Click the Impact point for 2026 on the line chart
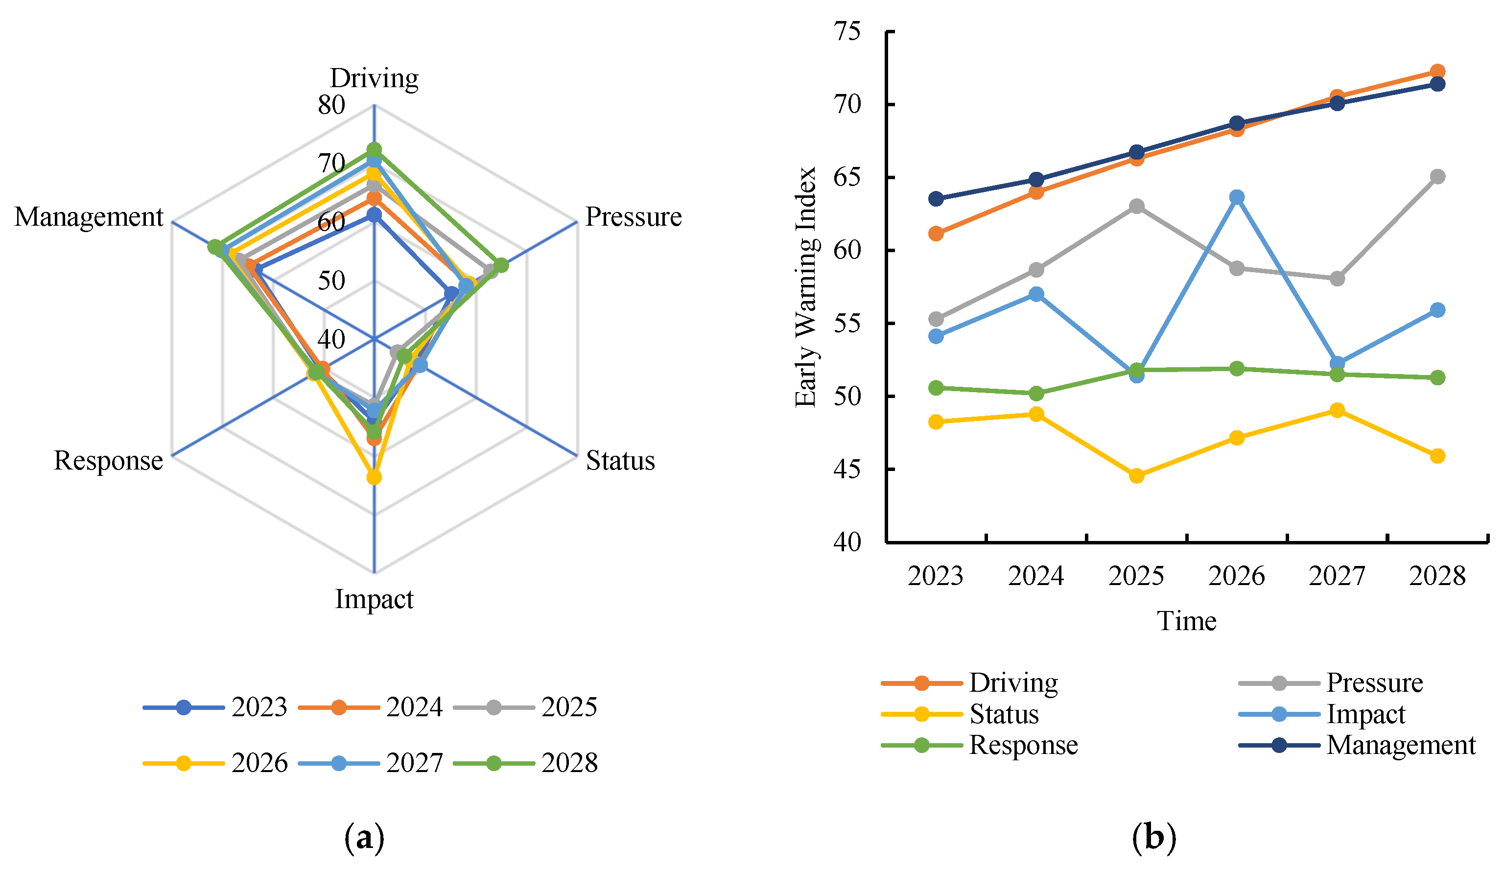(x=1237, y=197)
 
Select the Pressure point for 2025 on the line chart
(x=1136, y=207)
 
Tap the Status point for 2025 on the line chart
(x=1136, y=476)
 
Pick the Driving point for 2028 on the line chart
(x=1438, y=71)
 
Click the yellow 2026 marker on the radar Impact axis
(x=374, y=477)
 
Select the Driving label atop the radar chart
(x=374, y=78)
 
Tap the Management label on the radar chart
(x=88, y=217)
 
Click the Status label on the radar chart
(x=620, y=461)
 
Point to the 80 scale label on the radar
(x=331, y=105)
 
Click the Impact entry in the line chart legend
(x=1365, y=714)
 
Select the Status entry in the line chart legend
(x=1004, y=714)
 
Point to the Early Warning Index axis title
(x=806, y=287)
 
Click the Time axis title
(x=1186, y=621)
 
